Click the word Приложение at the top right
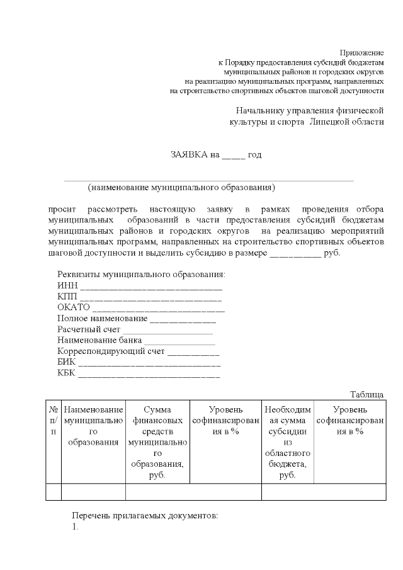361,52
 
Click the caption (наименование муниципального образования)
181,188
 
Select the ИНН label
67,285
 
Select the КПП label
67,297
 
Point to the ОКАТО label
74,307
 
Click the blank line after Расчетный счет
167,331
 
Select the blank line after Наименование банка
179,341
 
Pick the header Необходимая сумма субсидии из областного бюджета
287,442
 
